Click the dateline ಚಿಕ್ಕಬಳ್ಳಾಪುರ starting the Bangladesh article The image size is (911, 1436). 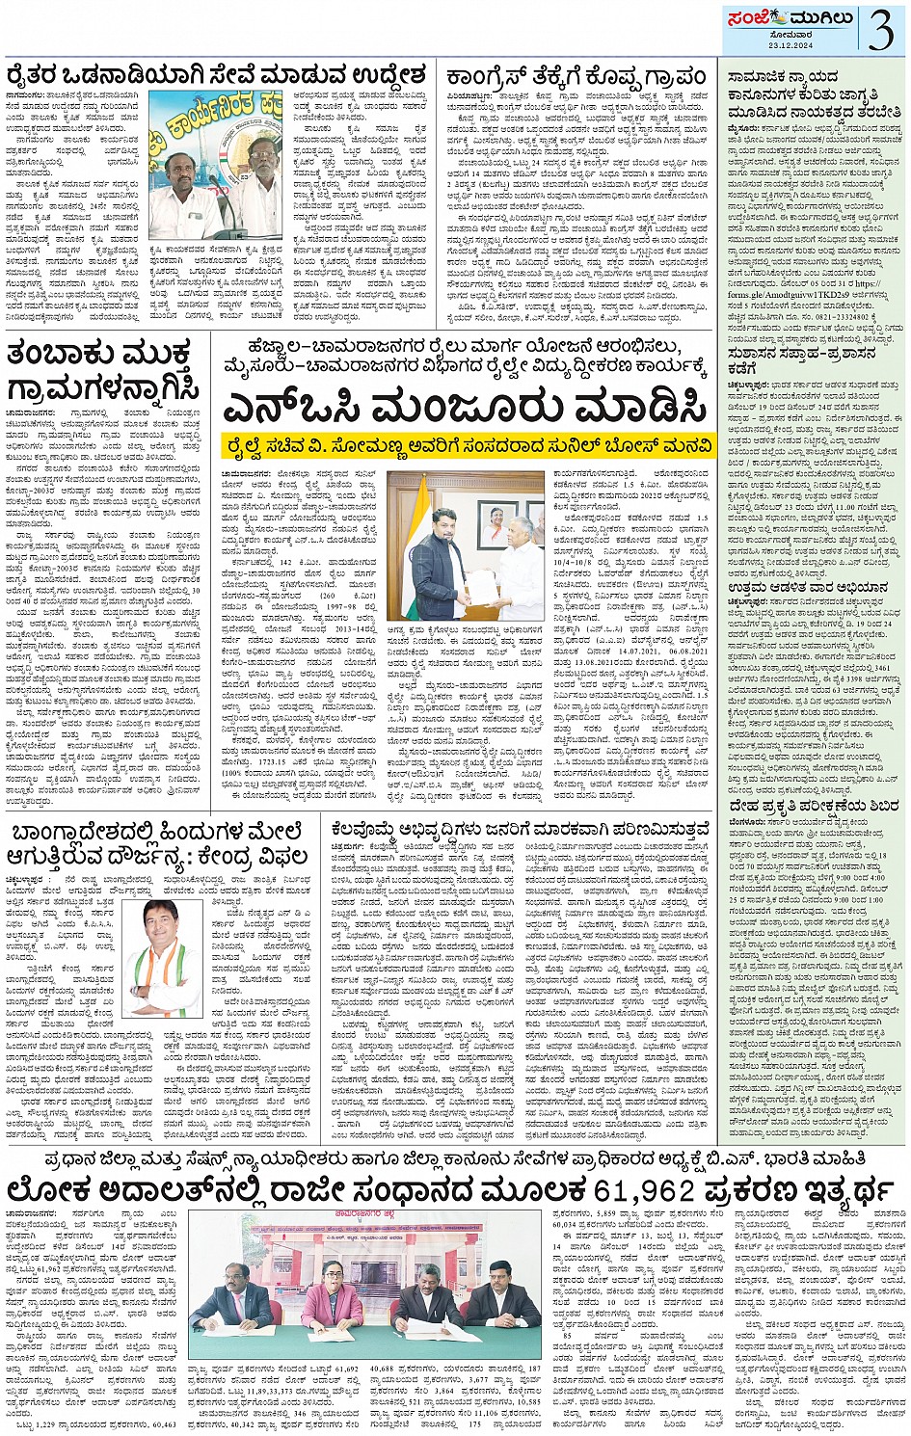point(25,880)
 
